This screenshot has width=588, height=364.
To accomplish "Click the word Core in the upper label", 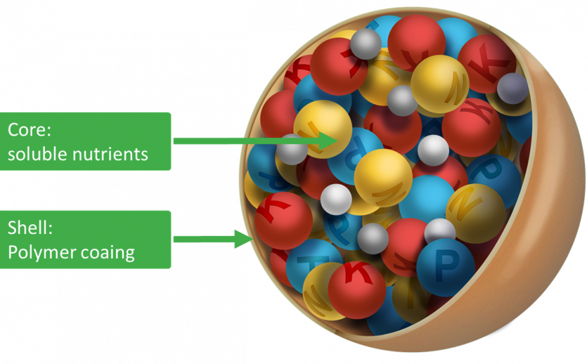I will click(x=27, y=130).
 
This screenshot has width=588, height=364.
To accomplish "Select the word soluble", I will click(x=35, y=153).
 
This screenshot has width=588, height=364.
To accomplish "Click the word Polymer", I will click(x=39, y=252).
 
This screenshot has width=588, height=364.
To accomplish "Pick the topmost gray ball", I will click(x=366, y=44).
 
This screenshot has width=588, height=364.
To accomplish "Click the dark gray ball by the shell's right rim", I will click(x=512, y=88).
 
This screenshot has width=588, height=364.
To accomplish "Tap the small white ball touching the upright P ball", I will click(x=440, y=231).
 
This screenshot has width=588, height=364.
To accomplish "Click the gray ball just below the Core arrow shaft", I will click(x=292, y=150).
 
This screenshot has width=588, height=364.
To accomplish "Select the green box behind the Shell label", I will click(x=85, y=240).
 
